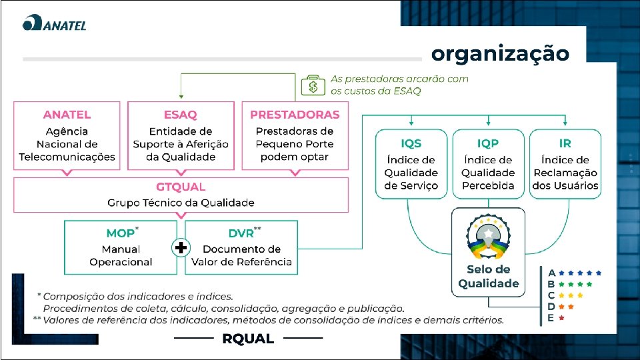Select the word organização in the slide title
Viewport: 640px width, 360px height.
(500, 53)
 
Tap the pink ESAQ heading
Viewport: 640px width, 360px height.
(180, 115)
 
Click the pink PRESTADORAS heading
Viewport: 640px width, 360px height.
(295, 115)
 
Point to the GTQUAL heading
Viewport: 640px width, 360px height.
(181, 187)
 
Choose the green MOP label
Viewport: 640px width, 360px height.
(121, 233)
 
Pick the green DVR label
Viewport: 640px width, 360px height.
(241, 233)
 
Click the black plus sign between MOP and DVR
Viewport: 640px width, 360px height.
(180, 248)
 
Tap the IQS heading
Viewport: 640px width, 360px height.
(411, 143)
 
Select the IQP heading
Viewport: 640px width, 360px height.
(488, 143)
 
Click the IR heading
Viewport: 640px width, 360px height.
(565, 143)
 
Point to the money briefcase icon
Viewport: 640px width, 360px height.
(313, 85)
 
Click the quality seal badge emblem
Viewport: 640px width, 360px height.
(488, 237)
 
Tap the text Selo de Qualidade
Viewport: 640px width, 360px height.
(488, 277)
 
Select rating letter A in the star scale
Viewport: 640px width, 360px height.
(551, 273)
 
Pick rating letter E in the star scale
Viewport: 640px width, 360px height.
(551, 318)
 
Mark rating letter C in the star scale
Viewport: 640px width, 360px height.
(551, 295)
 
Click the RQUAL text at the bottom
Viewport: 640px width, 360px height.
(248, 339)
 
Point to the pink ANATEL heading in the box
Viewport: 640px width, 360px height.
(67, 115)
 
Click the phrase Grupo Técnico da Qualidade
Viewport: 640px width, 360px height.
(181, 203)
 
